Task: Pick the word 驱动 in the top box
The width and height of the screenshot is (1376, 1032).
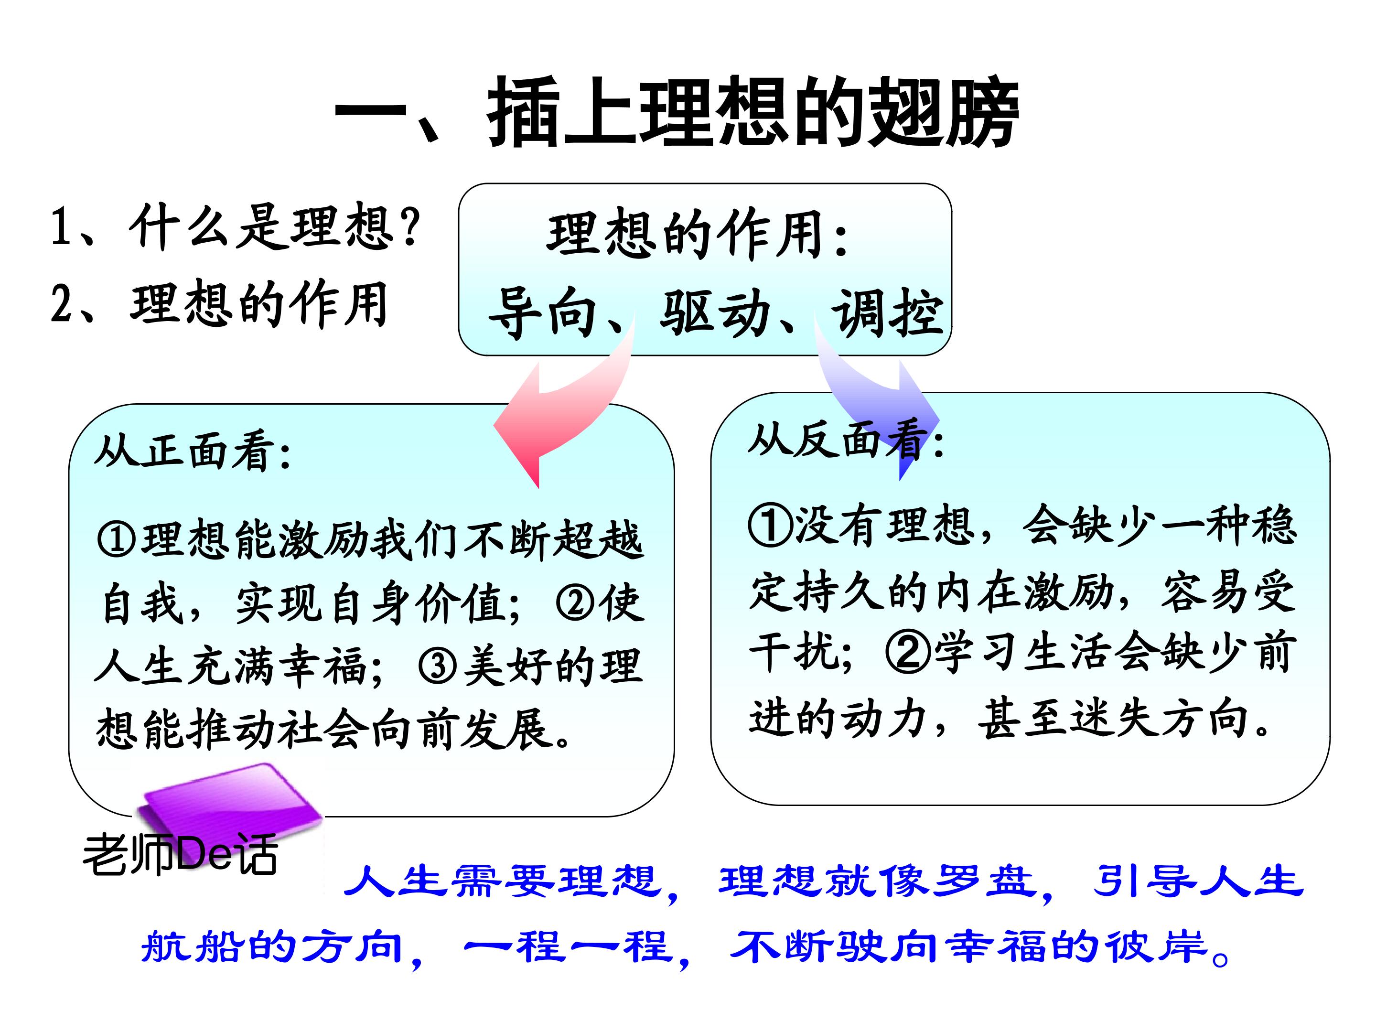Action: point(715,313)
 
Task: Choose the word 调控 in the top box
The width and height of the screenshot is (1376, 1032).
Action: point(887,313)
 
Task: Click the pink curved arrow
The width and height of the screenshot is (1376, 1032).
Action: point(563,404)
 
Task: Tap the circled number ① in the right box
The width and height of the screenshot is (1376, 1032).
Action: point(770,525)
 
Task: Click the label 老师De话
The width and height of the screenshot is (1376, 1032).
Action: point(181,855)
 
